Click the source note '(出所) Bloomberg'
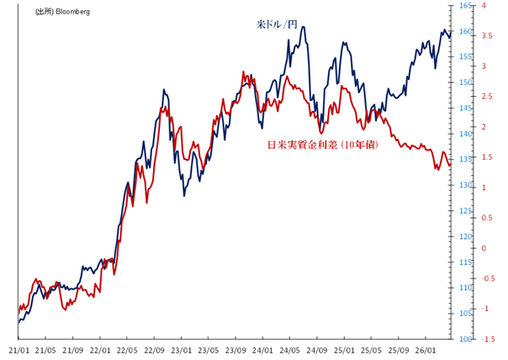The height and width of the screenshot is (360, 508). pos(62,13)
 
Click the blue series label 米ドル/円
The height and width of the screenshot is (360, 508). pos(277,25)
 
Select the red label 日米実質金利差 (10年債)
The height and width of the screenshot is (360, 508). pos(322,145)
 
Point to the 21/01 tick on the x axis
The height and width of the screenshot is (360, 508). pos(19,348)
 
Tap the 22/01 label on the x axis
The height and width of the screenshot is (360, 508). pos(101,348)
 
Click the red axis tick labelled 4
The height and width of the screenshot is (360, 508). pos(484,6)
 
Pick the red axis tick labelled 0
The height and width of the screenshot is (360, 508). pos(484,248)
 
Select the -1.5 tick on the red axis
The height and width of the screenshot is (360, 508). pos(488,339)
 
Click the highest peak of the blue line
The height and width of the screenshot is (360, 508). pos(303,27)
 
